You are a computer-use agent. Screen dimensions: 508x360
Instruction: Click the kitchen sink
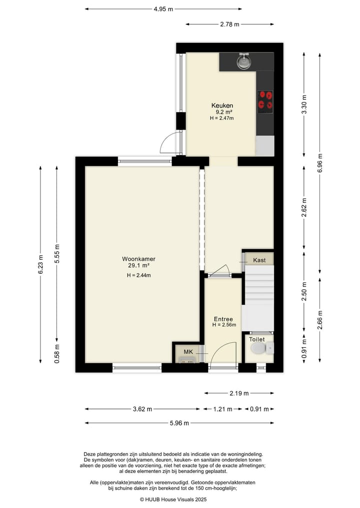(244, 61)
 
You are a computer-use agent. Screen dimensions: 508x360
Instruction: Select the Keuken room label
(221, 105)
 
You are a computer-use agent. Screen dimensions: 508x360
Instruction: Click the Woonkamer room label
(138, 259)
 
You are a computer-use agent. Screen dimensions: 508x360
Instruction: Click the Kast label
(259, 260)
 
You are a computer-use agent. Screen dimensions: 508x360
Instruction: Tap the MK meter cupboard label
(188, 352)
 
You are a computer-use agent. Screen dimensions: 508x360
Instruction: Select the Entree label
(223, 319)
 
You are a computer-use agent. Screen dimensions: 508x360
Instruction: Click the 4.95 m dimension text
(163, 9)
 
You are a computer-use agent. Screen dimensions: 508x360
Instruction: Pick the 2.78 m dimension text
(229, 24)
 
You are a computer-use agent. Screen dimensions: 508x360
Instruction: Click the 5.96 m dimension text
(179, 423)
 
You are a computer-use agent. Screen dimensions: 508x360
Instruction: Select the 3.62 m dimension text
(143, 409)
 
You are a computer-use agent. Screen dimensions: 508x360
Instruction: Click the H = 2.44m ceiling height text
(138, 275)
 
